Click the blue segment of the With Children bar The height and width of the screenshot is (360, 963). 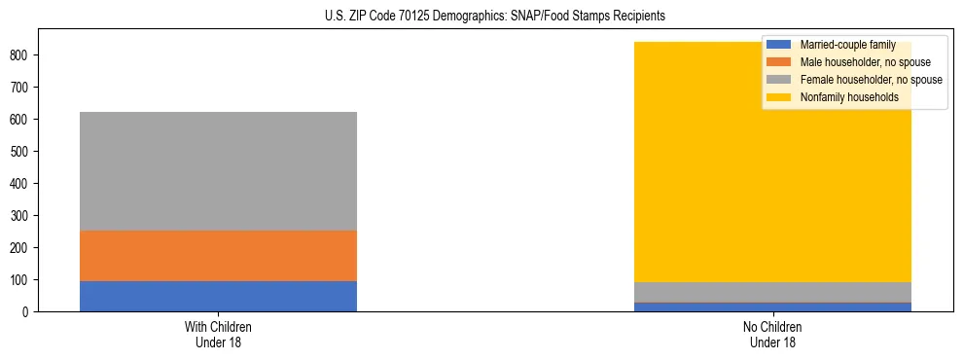pos(218,296)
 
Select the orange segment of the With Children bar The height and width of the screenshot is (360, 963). pos(218,256)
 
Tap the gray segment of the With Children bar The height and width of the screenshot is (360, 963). pos(218,171)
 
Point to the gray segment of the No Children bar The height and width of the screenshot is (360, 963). pos(773,292)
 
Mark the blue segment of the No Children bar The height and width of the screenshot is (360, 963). pos(773,306)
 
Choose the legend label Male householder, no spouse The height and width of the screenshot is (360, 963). pos(865,62)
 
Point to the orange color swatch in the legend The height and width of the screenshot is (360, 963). pos(779,62)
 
